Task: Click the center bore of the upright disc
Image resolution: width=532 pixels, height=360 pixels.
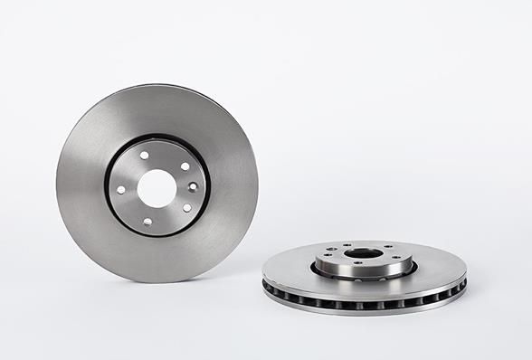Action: point(157,186)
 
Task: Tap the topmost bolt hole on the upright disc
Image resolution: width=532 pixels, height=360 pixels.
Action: point(144,155)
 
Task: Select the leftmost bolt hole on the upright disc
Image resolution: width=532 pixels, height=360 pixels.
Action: point(121,189)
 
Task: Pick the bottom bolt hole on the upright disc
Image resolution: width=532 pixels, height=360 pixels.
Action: point(147,220)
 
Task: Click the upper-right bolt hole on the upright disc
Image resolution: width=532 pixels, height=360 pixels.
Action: point(185,166)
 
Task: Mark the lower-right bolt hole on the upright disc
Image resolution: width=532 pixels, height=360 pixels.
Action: point(186,207)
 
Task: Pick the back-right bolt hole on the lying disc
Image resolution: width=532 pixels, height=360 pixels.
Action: point(387,246)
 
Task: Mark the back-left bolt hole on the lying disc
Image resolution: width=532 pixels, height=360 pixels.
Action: point(345,247)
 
